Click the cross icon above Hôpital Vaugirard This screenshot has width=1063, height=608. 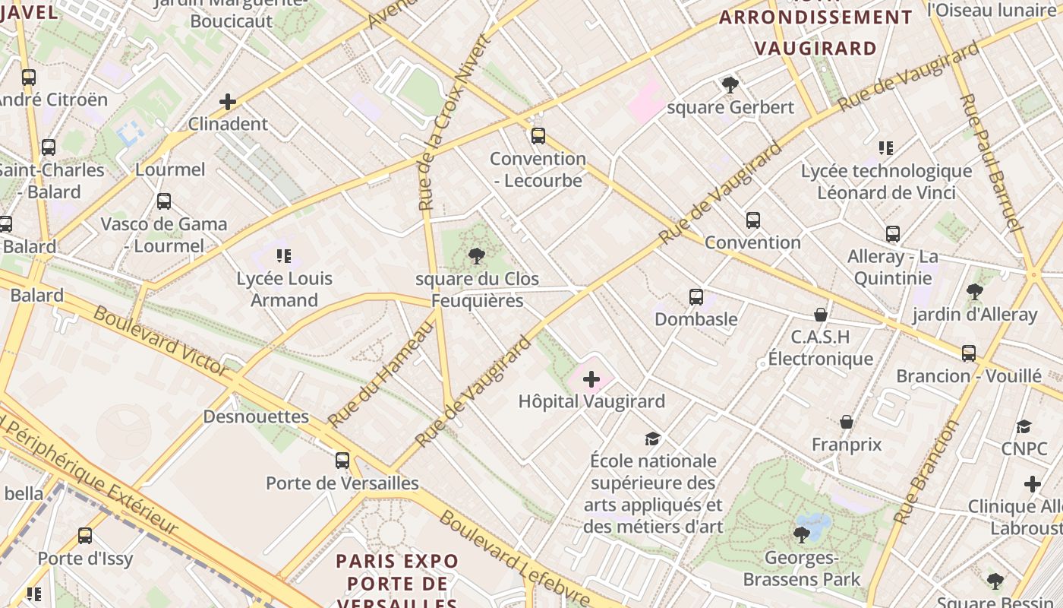pyautogui.click(x=591, y=379)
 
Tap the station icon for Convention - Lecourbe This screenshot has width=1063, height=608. pyautogui.click(x=538, y=136)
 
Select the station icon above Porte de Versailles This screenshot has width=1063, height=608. pyautogui.click(x=342, y=460)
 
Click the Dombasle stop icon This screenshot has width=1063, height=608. pyautogui.click(x=696, y=297)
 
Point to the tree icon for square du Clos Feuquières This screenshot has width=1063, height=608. pyautogui.click(x=477, y=256)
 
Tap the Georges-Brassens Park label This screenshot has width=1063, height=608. pyautogui.click(x=802, y=569)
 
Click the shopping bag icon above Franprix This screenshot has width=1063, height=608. pyautogui.click(x=847, y=422)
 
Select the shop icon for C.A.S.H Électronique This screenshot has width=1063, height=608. pyautogui.click(x=821, y=315)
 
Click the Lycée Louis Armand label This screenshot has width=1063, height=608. pyautogui.click(x=284, y=289)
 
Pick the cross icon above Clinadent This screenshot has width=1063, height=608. pyautogui.click(x=227, y=101)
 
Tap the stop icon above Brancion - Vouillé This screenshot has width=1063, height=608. pyautogui.click(x=968, y=353)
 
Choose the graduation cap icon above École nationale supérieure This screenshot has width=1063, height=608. pyautogui.click(x=652, y=439)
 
